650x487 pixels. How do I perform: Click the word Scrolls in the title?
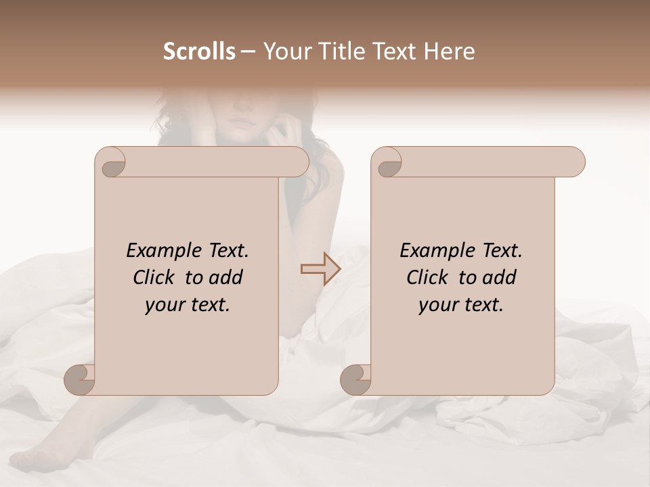pyautogui.click(x=199, y=51)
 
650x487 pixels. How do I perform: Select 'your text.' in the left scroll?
pyautogui.click(x=188, y=305)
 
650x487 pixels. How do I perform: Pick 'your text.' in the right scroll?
pyautogui.click(x=461, y=305)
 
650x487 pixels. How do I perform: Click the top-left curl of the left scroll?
pyautogui.click(x=111, y=163)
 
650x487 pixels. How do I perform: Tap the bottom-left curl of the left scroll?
pyautogui.click(x=80, y=379)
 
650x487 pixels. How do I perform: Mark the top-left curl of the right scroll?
pyautogui.click(x=387, y=163)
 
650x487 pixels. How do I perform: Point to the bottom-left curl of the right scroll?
pyautogui.click(x=356, y=379)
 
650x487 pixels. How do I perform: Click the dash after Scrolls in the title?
pyautogui.click(x=248, y=52)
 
